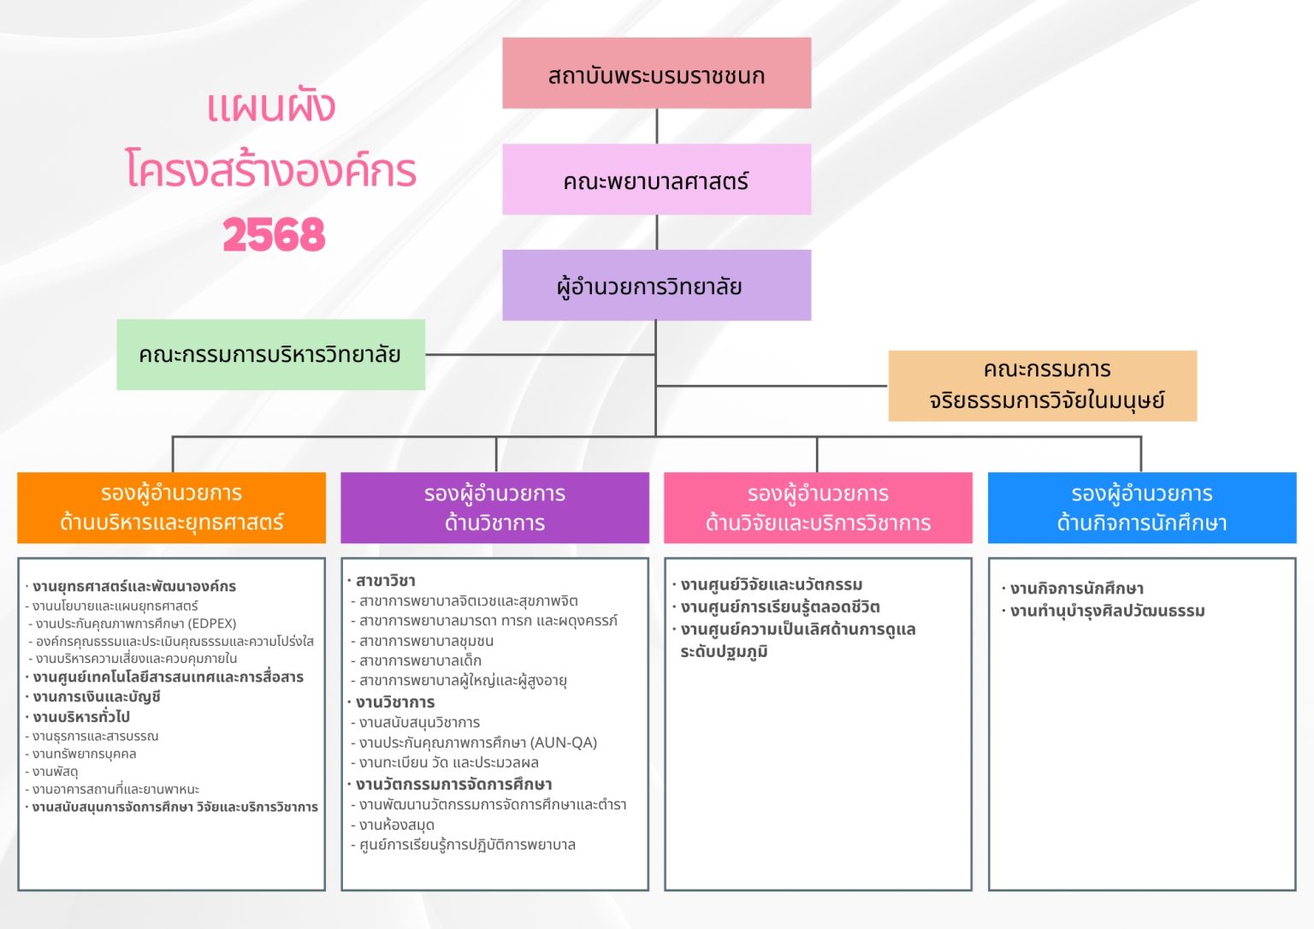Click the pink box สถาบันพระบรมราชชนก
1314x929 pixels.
point(656,73)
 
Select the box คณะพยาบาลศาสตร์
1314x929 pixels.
point(656,179)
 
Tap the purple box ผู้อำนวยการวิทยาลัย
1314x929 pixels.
point(656,285)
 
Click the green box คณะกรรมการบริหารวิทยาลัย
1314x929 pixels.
point(271,354)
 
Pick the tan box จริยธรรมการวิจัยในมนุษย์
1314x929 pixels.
point(1043,386)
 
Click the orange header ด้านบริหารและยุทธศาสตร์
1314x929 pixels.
point(171,508)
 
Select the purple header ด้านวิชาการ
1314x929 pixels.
point(495,508)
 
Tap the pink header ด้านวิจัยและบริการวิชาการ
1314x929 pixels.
point(819,508)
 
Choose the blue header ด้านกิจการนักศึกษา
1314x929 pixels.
point(1142,508)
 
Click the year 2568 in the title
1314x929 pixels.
point(274,234)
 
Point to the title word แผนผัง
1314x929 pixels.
point(271,107)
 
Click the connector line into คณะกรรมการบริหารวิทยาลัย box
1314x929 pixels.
point(541,354)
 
